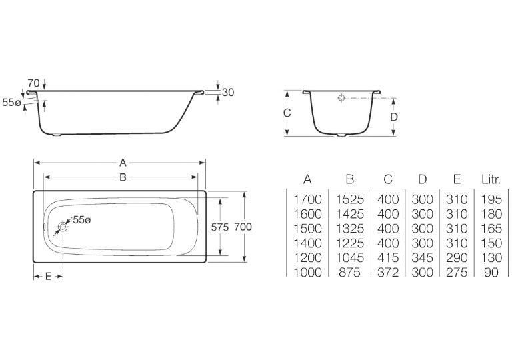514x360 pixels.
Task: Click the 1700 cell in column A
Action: [307, 199]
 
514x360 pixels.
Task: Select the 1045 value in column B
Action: [350, 258]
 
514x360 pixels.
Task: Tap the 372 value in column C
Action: [388, 272]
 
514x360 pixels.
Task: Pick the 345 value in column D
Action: [422, 258]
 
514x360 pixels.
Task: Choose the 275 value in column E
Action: [457, 272]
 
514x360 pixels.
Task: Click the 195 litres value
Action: [491, 199]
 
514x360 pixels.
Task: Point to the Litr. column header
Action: [491, 179]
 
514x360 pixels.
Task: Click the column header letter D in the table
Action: [423, 179]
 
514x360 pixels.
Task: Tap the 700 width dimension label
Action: [243, 227]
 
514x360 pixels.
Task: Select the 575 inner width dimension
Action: [219, 227]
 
